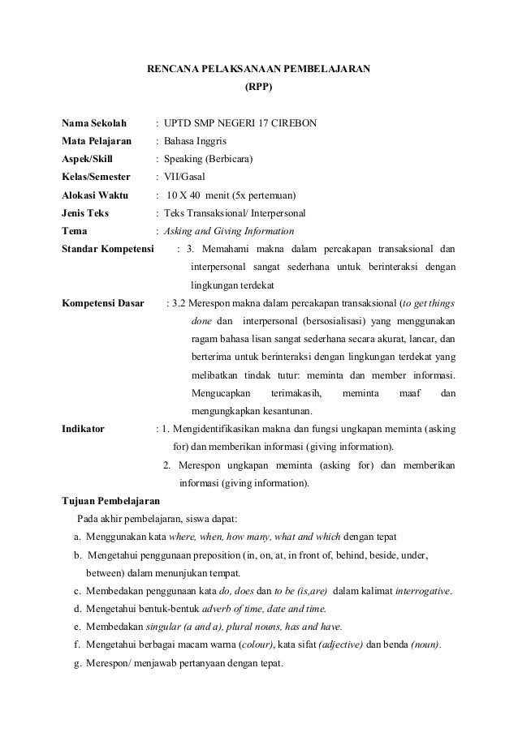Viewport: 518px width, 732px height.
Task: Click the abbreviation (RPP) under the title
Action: [259, 84]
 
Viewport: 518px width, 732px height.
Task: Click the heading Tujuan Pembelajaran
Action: [110, 501]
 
